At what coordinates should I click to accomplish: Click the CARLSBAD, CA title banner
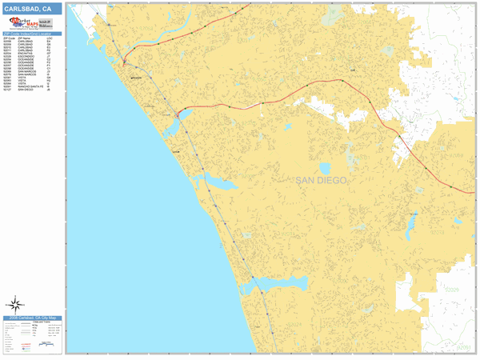[32, 8]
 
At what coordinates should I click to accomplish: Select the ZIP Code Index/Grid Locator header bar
[32, 33]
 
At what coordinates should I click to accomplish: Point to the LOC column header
[50, 37]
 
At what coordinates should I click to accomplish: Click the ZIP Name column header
[25, 37]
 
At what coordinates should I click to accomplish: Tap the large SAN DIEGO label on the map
[321, 181]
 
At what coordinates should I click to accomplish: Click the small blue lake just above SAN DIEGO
[324, 169]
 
